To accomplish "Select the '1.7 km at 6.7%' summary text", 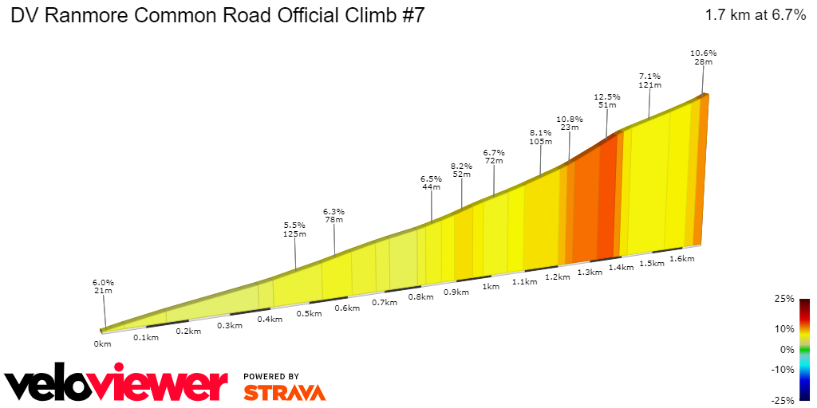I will (x=755, y=16).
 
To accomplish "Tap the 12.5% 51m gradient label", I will (x=607, y=100).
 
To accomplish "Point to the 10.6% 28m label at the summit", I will (x=703, y=57).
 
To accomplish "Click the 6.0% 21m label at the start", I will (x=103, y=287).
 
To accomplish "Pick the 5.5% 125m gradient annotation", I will (x=294, y=229).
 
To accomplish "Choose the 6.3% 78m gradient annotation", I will (x=334, y=215).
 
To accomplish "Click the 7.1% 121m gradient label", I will (x=649, y=80).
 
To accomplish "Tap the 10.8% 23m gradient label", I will (x=569, y=123).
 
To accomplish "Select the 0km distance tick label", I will (x=102, y=344).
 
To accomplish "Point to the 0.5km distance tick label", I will (x=310, y=313).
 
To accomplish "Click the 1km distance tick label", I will (x=491, y=287).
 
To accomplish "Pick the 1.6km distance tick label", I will (x=681, y=259).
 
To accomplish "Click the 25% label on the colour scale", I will (x=784, y=299).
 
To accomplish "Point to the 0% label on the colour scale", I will (x=787, y=349).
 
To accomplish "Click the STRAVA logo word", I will (x=284, y=393).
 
